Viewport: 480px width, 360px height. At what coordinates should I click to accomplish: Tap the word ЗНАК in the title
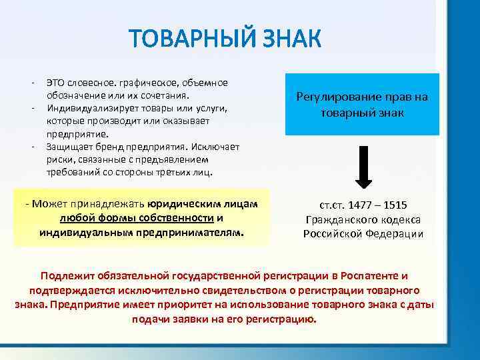tap(287, 39)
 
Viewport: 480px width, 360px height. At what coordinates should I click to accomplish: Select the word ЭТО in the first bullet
tap(55, 83)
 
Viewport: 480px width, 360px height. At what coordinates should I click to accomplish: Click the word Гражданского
tap(341, 219)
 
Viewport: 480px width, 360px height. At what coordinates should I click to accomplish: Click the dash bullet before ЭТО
tap(32, 83)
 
